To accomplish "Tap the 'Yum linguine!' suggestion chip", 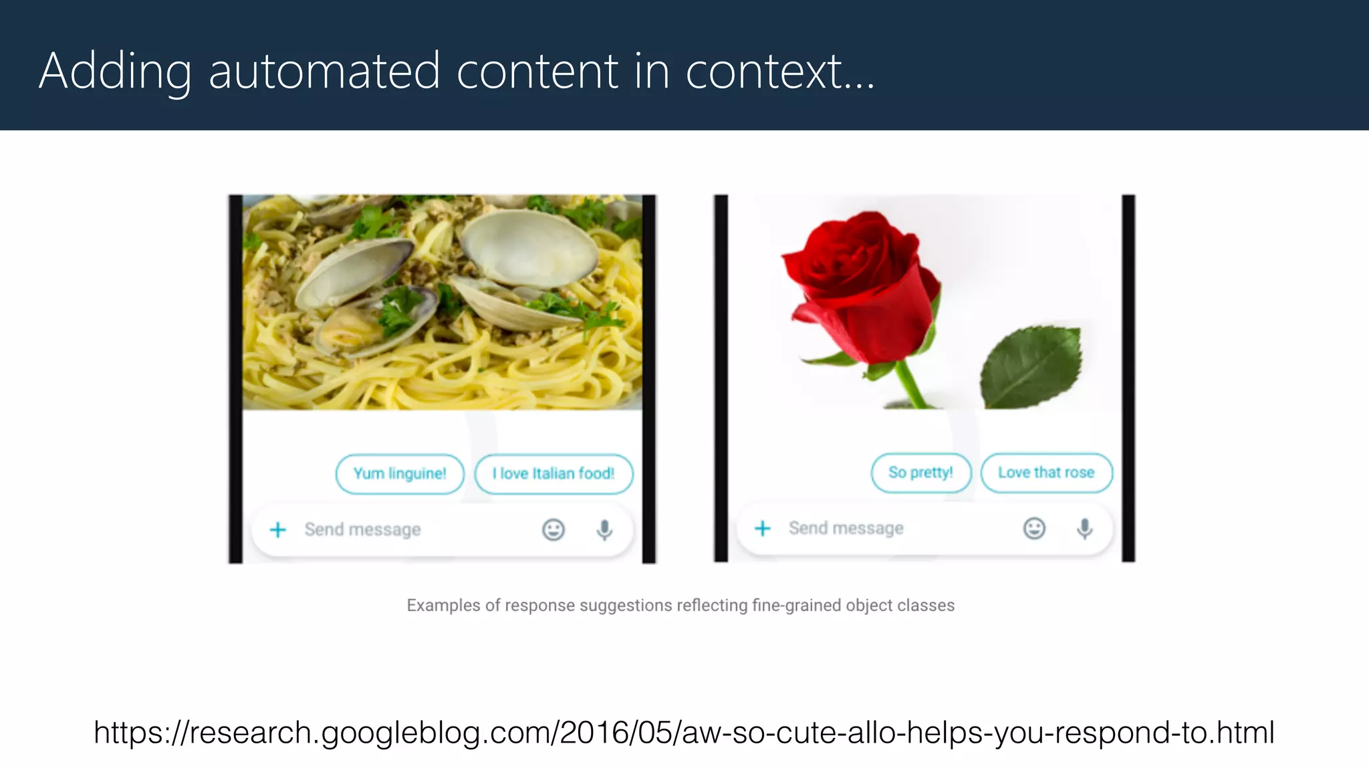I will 400,474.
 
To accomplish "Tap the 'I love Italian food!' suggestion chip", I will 553,474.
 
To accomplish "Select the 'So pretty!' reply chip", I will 920,473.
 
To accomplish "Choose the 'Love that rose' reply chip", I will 1046,473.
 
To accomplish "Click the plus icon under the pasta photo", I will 278,530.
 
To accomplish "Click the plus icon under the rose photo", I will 763,529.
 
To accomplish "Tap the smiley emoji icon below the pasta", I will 553,530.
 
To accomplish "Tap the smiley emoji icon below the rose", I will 1034,529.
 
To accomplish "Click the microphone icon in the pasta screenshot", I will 604,530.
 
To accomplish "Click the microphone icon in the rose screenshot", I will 1085,529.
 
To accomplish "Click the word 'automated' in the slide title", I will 324,71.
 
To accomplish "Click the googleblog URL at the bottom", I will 684,733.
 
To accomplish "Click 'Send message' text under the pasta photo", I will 362,530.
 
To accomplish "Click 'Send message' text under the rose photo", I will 846,529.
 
